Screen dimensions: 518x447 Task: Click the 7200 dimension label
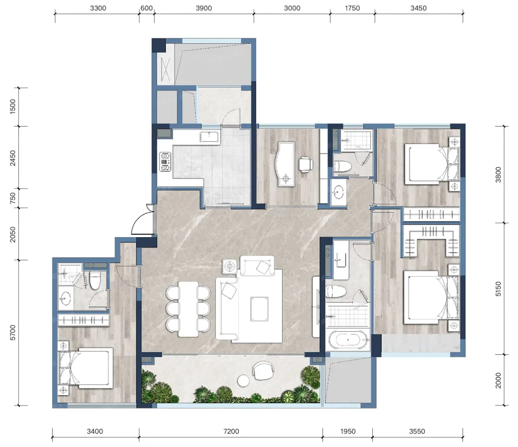231,431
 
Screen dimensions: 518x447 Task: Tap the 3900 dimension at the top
203,8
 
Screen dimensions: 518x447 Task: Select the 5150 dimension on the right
498,289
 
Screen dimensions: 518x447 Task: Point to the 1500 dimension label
12,107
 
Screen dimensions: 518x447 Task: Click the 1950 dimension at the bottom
348,431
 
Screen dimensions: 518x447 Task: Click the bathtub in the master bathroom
348,340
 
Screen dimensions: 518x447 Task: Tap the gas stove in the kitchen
165,162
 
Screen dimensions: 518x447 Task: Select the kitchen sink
209,137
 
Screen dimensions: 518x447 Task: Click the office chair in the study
306,164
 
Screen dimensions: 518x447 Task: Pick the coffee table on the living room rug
259,309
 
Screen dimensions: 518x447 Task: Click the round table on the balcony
244,380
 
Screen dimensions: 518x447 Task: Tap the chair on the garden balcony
263,370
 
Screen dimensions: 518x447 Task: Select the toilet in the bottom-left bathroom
95,280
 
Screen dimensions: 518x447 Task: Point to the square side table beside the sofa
230,266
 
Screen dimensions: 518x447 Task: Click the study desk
286,164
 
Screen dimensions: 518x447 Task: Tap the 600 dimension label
146,8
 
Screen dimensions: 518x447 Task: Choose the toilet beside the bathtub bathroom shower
335,292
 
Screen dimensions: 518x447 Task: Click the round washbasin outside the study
338,192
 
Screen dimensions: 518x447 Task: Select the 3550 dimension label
417,431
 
